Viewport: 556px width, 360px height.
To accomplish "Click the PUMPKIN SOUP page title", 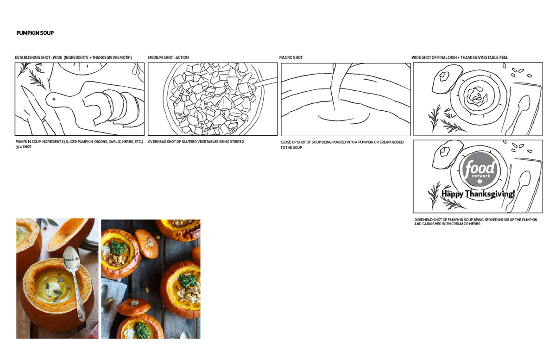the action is (x=35, y=33).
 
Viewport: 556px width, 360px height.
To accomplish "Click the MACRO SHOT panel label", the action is (x=291, y=57).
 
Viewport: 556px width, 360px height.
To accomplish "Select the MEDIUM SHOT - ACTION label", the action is (x=168, y=57).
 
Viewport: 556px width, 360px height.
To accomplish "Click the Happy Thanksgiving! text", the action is (x=478, y=194).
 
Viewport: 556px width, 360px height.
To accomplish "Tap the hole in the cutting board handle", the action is (x=54, y=99).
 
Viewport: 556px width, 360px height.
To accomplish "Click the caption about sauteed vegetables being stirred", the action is (x=196, y=142).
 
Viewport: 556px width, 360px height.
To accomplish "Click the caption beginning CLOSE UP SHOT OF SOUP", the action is (x=342, y=145).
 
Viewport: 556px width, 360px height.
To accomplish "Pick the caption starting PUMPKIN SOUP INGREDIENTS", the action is (x=79, y=144).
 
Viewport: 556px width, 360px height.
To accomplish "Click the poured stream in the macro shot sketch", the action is (x=338, y=87).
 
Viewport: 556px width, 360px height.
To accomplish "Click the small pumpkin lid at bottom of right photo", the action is (x=133, y=307).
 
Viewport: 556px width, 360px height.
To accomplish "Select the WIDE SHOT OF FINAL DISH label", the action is (x=460, y=57).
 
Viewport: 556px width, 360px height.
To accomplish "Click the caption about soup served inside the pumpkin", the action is (x=475, y=222).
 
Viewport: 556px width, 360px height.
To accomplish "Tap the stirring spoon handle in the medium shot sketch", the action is (x=265, y=82).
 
